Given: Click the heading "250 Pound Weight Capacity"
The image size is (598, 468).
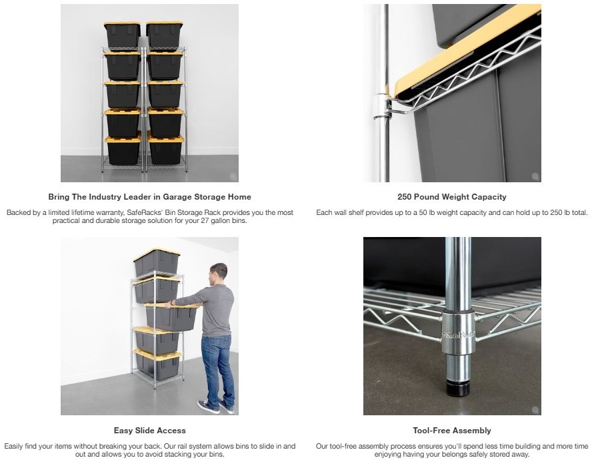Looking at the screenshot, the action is coord(452,197).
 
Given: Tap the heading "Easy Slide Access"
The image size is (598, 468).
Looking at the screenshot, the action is coord(149,430).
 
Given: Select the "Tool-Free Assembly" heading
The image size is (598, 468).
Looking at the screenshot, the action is coord(452,430).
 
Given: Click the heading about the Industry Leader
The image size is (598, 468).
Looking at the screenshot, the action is coord(149,197).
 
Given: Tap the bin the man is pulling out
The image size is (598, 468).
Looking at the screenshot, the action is coord(173,315).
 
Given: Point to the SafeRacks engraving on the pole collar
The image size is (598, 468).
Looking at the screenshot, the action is coord(457,335).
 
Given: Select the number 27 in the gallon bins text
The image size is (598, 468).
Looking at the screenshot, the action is coord(205,220).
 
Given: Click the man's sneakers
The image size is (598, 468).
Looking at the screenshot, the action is coord(215,407).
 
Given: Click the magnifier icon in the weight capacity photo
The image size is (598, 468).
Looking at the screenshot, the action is coord(535,176).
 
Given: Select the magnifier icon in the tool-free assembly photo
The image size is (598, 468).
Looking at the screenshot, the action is coord(535,410).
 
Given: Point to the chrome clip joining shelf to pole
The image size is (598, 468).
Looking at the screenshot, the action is coord(383,106).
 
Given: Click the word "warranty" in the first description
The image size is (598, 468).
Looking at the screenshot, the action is coord(105,212).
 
